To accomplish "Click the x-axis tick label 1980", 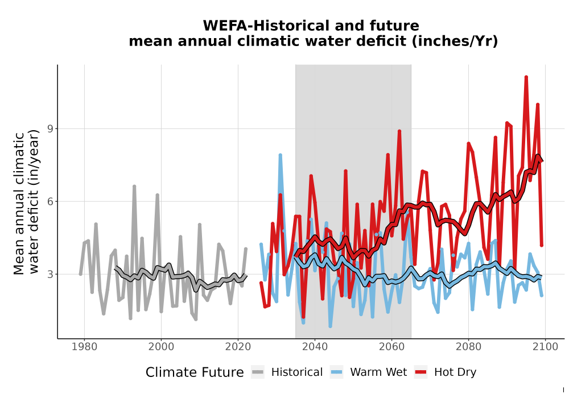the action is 84,347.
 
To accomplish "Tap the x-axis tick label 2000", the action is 161,347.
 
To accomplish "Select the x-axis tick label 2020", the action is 238,347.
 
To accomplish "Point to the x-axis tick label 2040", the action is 315,347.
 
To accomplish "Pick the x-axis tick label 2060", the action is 391,347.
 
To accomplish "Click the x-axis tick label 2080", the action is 468,347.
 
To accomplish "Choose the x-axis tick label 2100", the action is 545,347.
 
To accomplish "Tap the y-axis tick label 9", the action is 50,128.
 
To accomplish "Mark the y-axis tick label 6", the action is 50,201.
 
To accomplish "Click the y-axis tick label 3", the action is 50,275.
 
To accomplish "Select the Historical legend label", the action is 297,372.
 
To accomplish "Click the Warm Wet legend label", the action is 378,372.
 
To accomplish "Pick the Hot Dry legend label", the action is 455,372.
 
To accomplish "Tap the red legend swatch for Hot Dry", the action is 421,372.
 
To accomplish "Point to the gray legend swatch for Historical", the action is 258,372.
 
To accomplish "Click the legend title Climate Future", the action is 195,372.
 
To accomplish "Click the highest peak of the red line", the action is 526,77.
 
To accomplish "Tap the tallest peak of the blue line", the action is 280,155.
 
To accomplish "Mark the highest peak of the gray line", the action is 134,186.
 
